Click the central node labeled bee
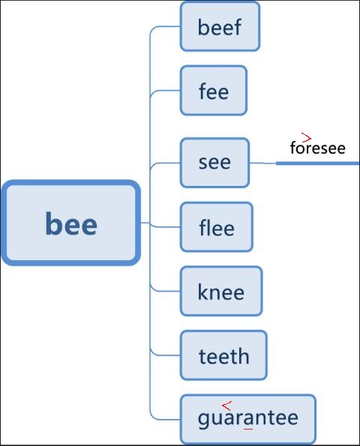pyautogui.click(x=70, y=223)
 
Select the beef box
pyautogui.click(x=220, y=26)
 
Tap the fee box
pyautogui.click(x=214, y=91)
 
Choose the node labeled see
pyautogui.click(x=214, y=163)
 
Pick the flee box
pyautogui.click(x=217, y=227)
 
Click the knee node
pyautogui.click(x=221, y=291)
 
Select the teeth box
pyautogui.click(x=223, y=355)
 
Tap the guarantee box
pyautogui.click(x=248, y=419)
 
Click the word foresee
pyautogui.click(x=318, y=148)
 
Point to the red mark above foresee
pyautogui.click(x=306, y=137)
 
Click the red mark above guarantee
pyautogui.click(x=226, y=406)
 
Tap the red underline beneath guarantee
pyautogui.click(x=248, y=429)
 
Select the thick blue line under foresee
pyautogui.click(x=318, y=163)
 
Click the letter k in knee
pyautogui.click(x=202, y=292)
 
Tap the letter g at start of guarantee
pyautogui.click(x=202, y=420)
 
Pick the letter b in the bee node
pyautogui.click(x=53, y=223)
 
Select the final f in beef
pyautogui.click(x=237, y=27)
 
